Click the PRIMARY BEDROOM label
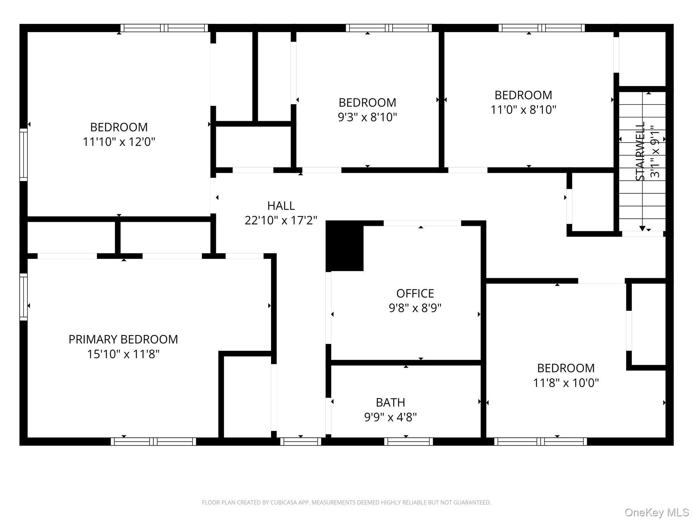pos(123,339)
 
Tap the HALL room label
pos(281,205)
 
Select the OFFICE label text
pos(415,293)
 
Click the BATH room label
pos(390,402)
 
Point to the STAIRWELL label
pos(640,151)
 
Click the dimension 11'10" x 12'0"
pos(119,142)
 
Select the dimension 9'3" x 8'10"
pos(367,117)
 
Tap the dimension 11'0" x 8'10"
pos(523,110)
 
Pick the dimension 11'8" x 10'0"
pos(566,383)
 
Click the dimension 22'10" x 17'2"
pos(281,220)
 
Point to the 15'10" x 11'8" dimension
pos(123,354)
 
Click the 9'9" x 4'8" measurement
pos(390,417)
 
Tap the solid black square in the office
pos(344,246)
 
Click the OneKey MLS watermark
pos(656,513)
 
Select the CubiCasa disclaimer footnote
pos(346,503)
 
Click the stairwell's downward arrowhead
pos(642,229)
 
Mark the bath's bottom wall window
pos(408,441)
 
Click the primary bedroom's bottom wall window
pos(153,441)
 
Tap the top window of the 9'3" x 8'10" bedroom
pos(389,28)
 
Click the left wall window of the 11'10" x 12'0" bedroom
pos(23,155)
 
